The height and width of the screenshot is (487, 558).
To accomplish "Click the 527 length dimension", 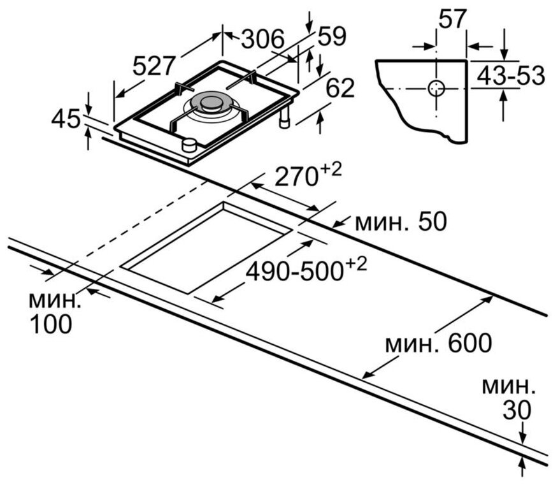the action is coord(154,66).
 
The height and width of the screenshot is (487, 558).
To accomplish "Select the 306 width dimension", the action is coord(263,38).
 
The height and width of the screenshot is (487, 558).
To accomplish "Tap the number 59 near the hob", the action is coord(332,36).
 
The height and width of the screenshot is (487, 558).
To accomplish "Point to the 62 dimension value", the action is coord(340,87).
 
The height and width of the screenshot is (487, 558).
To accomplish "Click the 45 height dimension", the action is coord(66,119).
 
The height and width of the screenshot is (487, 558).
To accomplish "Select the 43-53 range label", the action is coord(511,75).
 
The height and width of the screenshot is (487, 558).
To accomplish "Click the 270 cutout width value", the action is coord(296,176).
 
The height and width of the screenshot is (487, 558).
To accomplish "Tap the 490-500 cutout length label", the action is coord(294,272).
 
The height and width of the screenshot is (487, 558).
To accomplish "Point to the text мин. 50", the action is coord(401,222).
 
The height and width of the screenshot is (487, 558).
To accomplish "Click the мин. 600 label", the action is coord(439,343).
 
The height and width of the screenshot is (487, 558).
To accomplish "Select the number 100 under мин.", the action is coord(51,324).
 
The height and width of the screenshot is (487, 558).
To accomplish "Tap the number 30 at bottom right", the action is coord(517,410).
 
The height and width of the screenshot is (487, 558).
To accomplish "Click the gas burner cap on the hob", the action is coord(211,103).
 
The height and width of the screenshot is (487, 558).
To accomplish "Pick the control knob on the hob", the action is coord(189,145).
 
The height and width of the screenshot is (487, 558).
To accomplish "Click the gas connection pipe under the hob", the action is coord(285,117).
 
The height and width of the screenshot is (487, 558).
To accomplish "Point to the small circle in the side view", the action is coord(436,88).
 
